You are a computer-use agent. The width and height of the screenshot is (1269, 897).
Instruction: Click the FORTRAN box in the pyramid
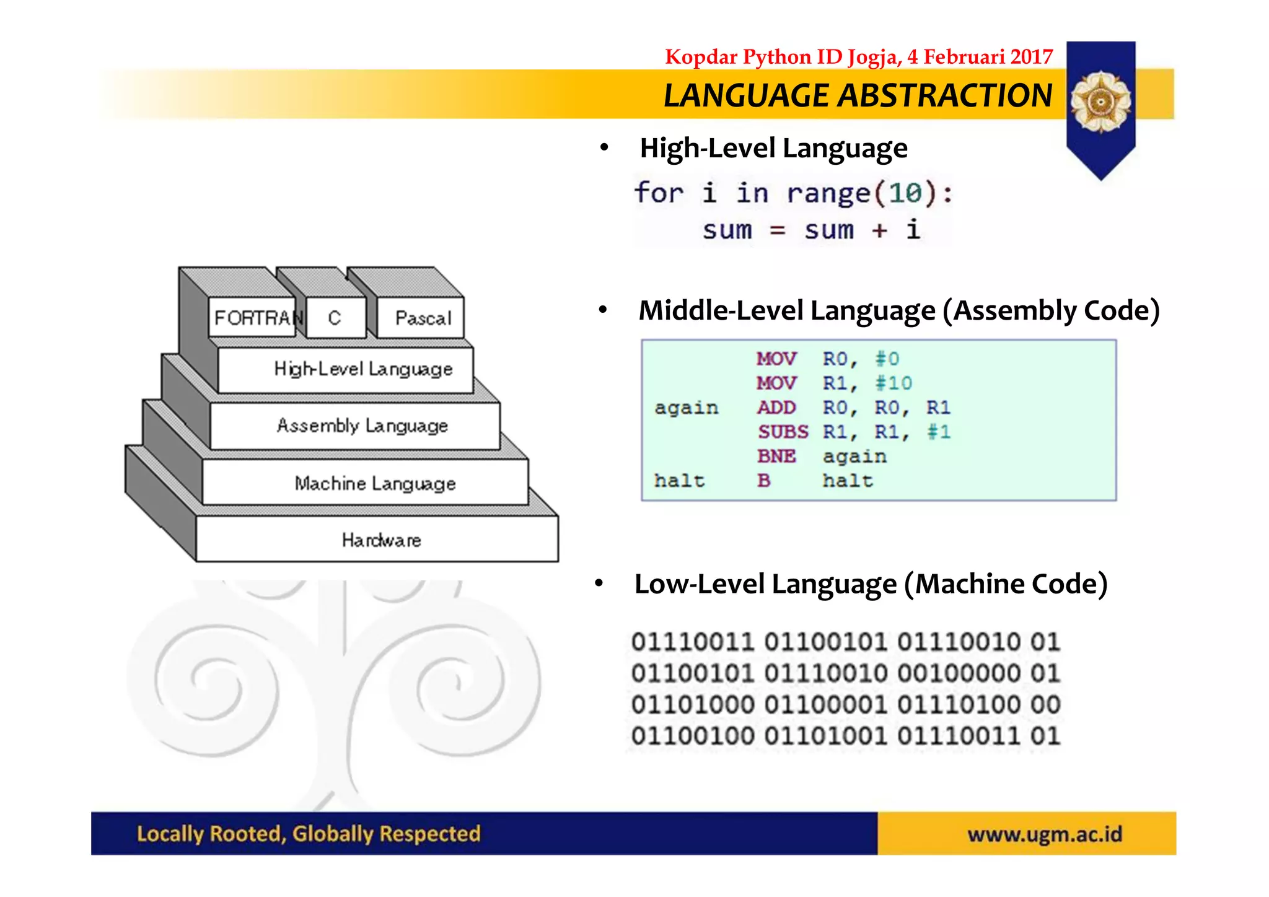(253, 318)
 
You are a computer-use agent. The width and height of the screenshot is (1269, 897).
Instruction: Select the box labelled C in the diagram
(335, 318)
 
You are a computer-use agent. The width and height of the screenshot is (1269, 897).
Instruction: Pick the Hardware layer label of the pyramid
(380, 540)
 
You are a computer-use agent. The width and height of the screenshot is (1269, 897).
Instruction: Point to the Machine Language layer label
(375, 483)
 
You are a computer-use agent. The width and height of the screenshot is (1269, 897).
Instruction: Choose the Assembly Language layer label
(362, 426)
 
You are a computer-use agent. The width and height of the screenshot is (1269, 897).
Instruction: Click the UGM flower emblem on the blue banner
(1100, 101)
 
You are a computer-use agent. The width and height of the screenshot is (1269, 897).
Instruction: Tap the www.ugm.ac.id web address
(1045, 834)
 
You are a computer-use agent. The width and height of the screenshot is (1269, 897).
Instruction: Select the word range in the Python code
(828, 193)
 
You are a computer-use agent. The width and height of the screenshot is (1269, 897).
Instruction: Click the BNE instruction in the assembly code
(776, 457)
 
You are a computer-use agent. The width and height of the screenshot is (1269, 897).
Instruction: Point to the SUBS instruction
(783, 432)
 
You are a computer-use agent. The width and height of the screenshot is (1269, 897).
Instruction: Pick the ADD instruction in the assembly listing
(776, 408)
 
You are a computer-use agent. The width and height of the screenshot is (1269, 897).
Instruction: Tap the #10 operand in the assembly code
(893, 383)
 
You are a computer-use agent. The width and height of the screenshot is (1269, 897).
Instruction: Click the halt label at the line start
(679, 481)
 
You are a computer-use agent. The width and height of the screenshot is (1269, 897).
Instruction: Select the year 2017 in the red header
(1031, 57)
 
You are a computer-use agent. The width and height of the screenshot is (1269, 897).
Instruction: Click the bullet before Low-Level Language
(599, 584)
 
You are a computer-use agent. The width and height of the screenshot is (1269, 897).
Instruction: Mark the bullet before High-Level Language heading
(604, 148)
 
